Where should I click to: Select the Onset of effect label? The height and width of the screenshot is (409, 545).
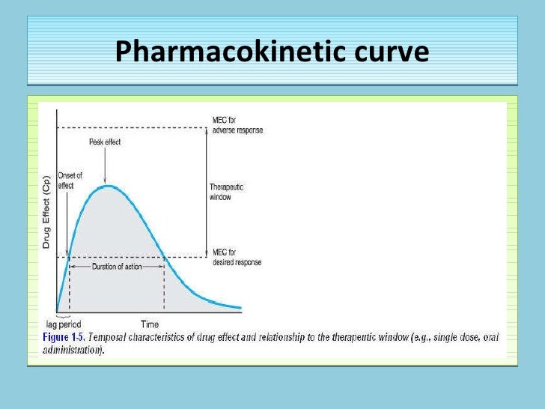tap(70, 180)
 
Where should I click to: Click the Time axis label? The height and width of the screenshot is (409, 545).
tap(150, 324)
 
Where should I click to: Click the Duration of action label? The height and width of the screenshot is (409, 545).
tap(117, 267)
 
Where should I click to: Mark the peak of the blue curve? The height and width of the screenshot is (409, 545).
tap(109, 186)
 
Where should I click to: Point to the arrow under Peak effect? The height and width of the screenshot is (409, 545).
tap(109, 165)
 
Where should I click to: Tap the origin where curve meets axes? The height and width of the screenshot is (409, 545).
tap(57, 311)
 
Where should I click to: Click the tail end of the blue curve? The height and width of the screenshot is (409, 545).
tap(240, 307)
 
